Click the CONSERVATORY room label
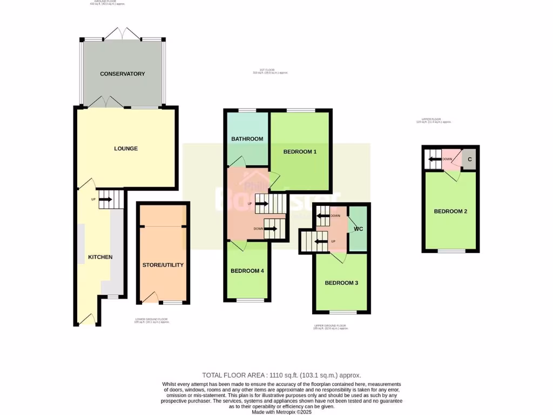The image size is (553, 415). pos(123,73)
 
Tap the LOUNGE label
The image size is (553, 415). pos(126,149)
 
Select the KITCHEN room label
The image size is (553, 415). pos(100,257)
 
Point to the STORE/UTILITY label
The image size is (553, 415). pos(163,265)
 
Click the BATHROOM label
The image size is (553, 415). pos(247,139)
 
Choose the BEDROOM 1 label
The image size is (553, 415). pos(300,152)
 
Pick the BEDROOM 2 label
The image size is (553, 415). pos(450,211)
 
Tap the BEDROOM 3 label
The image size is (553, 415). pos(341,283)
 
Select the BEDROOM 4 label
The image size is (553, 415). pos(247,271)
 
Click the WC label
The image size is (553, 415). pos(358,229)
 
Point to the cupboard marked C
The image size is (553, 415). pos(469,159)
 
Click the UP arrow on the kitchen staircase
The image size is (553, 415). pos(105,199)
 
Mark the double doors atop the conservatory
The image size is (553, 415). pos(123,34)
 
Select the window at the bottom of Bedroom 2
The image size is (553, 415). pos(451,251)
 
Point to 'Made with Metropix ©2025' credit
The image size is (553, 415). pos(281,412)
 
